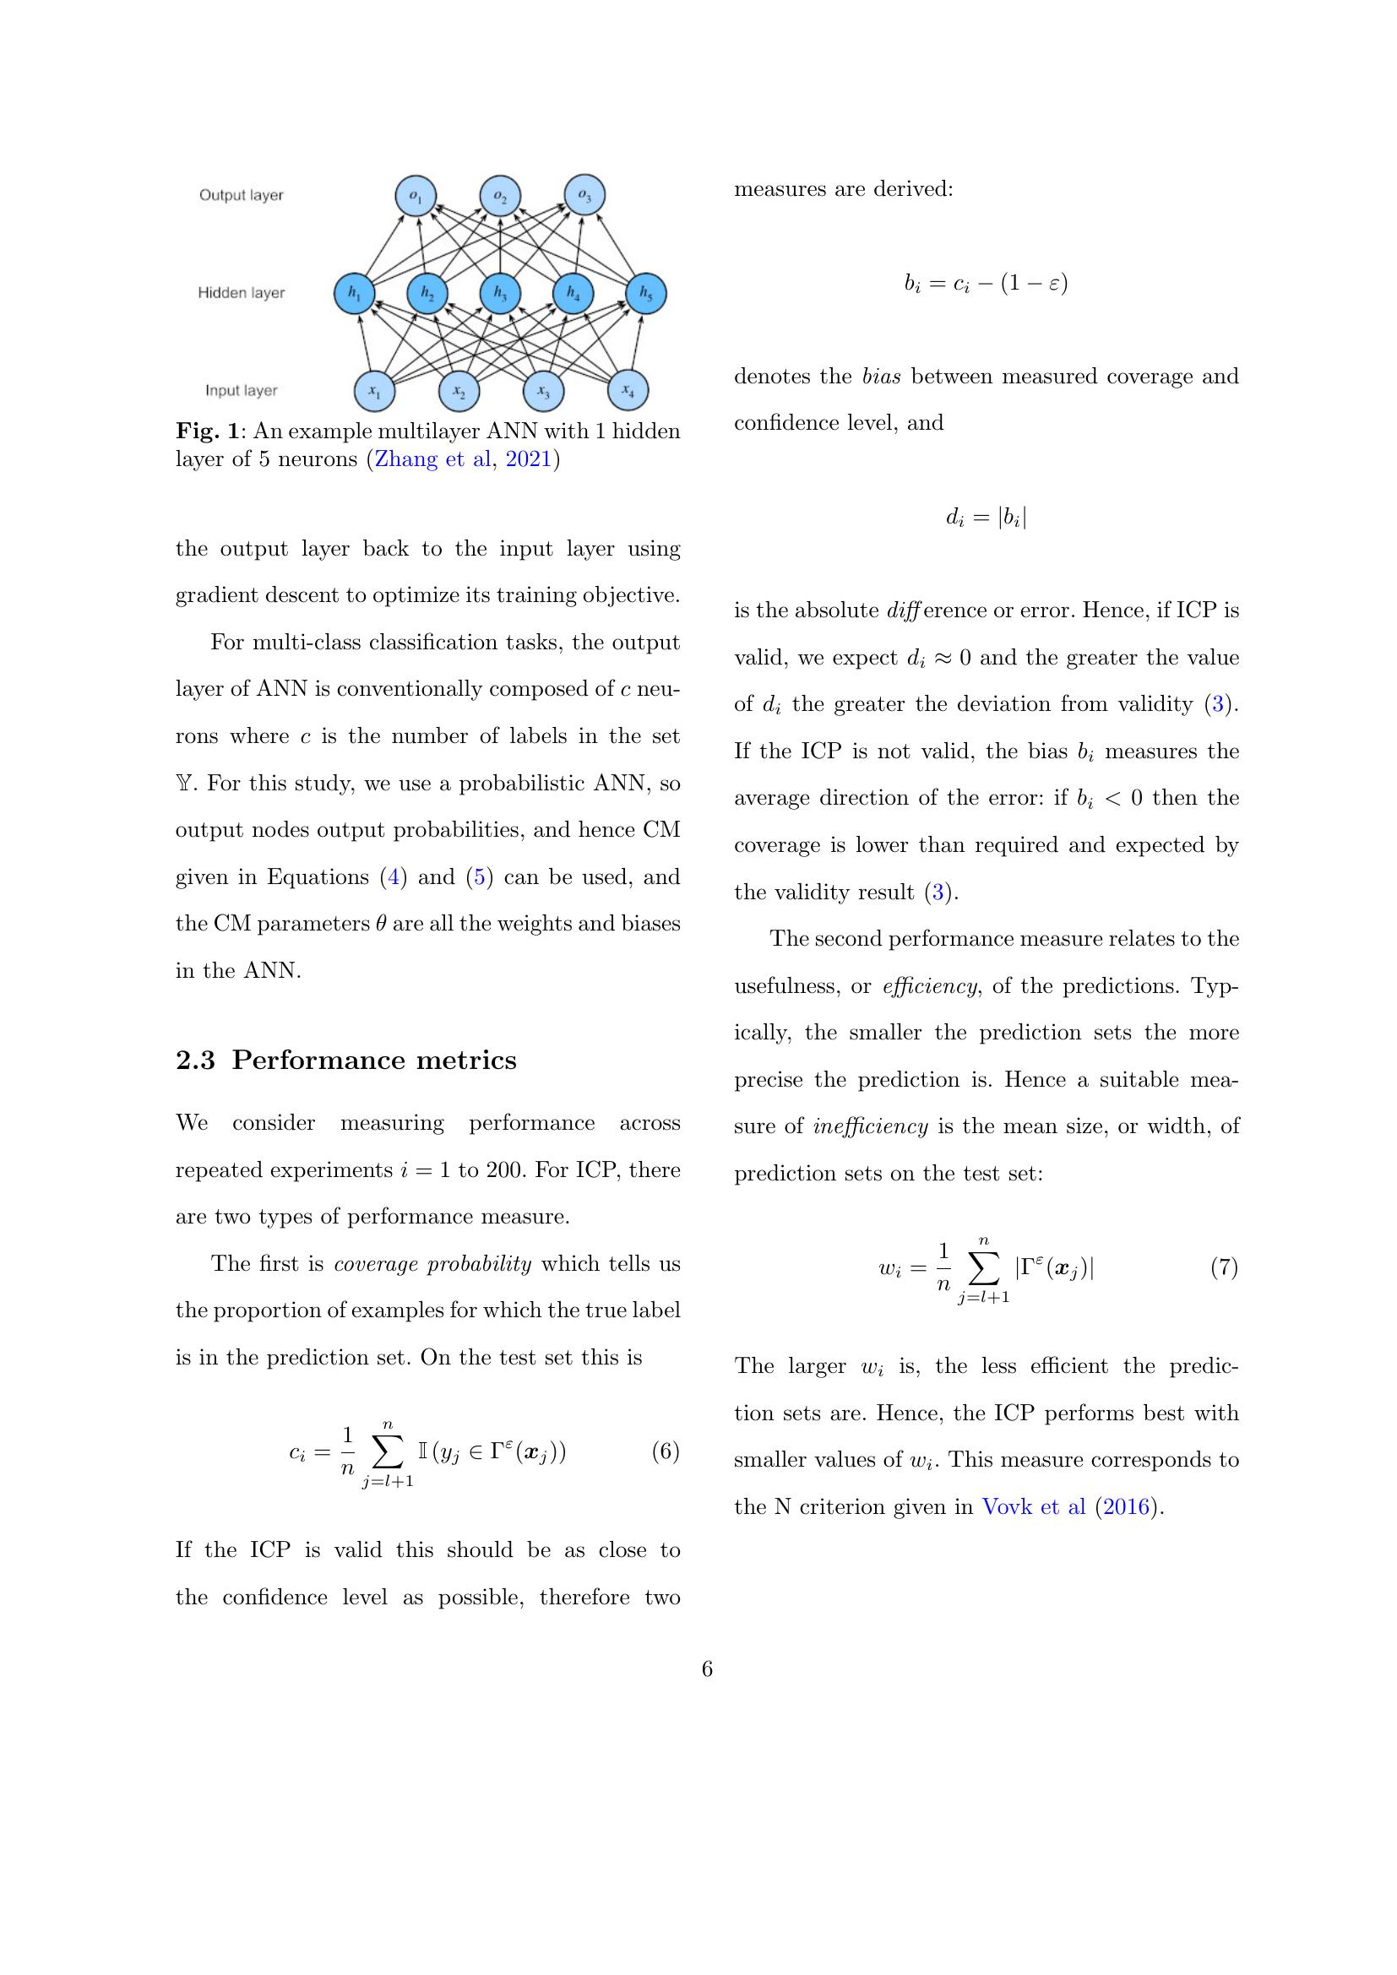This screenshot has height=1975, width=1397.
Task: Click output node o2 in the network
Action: point(500,196)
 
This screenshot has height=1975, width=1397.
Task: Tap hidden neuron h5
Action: point(645,294)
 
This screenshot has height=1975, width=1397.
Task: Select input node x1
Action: point(374,392)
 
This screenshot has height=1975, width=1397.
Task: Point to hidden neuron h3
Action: point(500,294)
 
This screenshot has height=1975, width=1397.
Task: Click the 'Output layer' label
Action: point(241,195)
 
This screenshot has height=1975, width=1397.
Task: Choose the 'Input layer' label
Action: point(241,391)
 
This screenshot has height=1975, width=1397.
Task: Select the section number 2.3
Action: point(195,1061)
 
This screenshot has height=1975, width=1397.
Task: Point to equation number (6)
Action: point(665,1452)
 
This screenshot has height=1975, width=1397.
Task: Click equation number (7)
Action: point(1223,1267)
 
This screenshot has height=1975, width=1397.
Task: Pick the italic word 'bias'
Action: point(881,377)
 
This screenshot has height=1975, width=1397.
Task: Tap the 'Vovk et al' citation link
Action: point(1033,1507)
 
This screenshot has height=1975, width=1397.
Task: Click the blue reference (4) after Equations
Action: point(394,877)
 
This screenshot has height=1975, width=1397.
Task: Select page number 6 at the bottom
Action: point(707,1669)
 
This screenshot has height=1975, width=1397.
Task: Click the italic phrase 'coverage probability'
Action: point(432,1265)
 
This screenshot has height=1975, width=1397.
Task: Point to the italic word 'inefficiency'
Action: point(870,1127)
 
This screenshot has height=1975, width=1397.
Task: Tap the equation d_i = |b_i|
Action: point(986,517)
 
